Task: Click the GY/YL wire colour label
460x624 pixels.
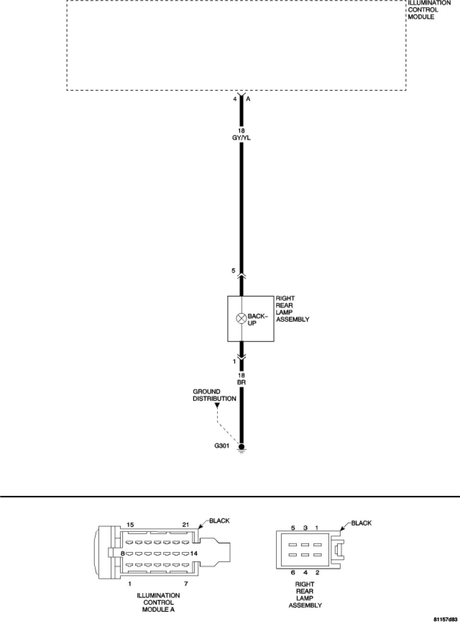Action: (241, 137)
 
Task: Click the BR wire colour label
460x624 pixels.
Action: (241, 383)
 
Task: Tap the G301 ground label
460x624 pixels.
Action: (222, 445)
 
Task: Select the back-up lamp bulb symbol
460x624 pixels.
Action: (241, 317)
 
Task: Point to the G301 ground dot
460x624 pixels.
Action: (241, 446)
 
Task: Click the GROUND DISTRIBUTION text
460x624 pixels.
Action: (214, 395)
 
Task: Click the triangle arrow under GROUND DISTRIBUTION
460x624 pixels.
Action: (217, 406)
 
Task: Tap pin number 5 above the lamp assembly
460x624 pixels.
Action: (233, 271)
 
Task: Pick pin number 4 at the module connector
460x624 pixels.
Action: (235, 99)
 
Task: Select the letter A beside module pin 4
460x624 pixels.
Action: (248, 99)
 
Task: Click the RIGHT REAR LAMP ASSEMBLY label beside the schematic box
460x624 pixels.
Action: (292, 309)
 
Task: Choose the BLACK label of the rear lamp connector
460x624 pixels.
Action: (361, 523)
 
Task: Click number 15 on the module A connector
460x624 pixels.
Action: (130, 524)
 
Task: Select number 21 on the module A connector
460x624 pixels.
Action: (186, 524)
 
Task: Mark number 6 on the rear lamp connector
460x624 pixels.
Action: (293, 572)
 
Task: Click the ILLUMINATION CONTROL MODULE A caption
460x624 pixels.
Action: (158, 602)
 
